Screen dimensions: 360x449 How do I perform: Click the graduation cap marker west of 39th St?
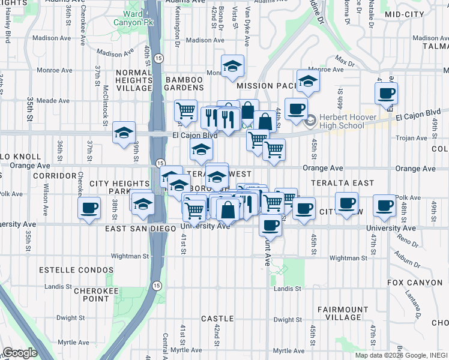124,133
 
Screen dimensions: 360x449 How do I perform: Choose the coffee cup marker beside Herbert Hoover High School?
295,109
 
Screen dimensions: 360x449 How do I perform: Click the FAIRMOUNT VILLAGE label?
340,313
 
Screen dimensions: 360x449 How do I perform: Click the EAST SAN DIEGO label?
140,229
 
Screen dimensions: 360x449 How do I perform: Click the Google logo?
20,353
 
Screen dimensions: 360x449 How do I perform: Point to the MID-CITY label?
405,14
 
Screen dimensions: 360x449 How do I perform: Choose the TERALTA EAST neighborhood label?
342,182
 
